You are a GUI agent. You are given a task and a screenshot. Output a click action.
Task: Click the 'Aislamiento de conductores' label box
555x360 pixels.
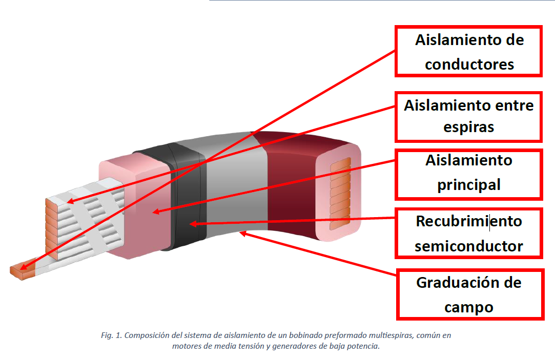(x=469, y=52)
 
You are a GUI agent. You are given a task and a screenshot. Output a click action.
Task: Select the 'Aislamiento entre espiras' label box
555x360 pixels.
(x=469, y=116)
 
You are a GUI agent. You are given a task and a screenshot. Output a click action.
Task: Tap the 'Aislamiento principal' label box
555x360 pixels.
(x=469, y=173)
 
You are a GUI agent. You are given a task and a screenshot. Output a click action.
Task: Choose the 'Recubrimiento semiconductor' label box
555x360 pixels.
(x=469, y=234)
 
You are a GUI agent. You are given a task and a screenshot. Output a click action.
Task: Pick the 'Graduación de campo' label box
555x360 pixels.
(x=469, y=294)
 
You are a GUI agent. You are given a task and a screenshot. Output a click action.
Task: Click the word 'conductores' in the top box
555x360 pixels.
(x=469, y=65)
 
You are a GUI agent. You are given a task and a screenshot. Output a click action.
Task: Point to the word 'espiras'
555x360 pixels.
(x=469, y=126)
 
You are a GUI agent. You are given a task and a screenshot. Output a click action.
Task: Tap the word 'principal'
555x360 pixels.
(x=469, y=184)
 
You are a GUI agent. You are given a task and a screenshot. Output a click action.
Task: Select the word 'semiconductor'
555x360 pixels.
(x=469, y=246)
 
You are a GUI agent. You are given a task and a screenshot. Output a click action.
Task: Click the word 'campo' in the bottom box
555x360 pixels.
(x=469, y=307)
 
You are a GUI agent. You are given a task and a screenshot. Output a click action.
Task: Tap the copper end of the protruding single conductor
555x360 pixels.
(x=19, y=270)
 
